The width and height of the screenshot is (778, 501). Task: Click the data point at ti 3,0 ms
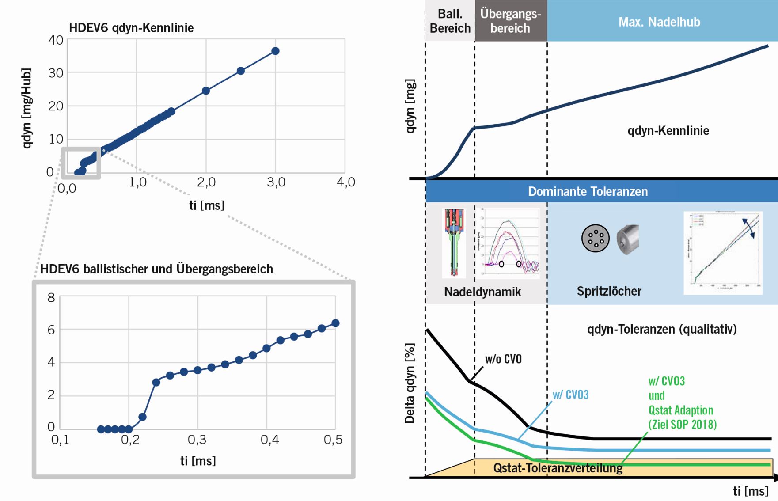click(275, 51)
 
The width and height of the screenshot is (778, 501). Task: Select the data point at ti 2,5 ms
click(241, 71)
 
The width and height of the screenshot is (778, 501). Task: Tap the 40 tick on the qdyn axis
click(56, 40)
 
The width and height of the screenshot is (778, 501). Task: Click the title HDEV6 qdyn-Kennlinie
click(131, 28)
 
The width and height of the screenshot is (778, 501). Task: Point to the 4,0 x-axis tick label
click(346, 182)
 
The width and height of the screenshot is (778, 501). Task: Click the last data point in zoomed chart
click(335, 323)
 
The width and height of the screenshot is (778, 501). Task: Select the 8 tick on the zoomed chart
click(51, 298)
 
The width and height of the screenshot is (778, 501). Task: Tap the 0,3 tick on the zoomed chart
click(197, 440)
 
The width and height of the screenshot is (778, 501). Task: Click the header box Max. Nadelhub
click(659, 22)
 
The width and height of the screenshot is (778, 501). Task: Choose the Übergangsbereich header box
click(511, 21)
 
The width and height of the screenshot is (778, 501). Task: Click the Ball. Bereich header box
click(450, 21)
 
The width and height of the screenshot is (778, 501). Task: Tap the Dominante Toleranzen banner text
click(588, 191)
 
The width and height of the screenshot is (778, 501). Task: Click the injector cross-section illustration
click(454, 243)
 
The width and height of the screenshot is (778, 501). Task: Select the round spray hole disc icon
click(595, 238)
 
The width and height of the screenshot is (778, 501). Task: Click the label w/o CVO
click(503, 359)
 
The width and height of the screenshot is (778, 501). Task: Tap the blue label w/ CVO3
click(570, 395)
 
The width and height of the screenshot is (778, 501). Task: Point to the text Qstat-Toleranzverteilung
click(558, 468)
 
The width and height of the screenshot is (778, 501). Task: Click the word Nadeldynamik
click(482, 292)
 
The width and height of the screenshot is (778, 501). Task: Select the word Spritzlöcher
click(609, 291)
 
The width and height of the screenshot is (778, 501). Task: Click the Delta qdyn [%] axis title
click(410, 383)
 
